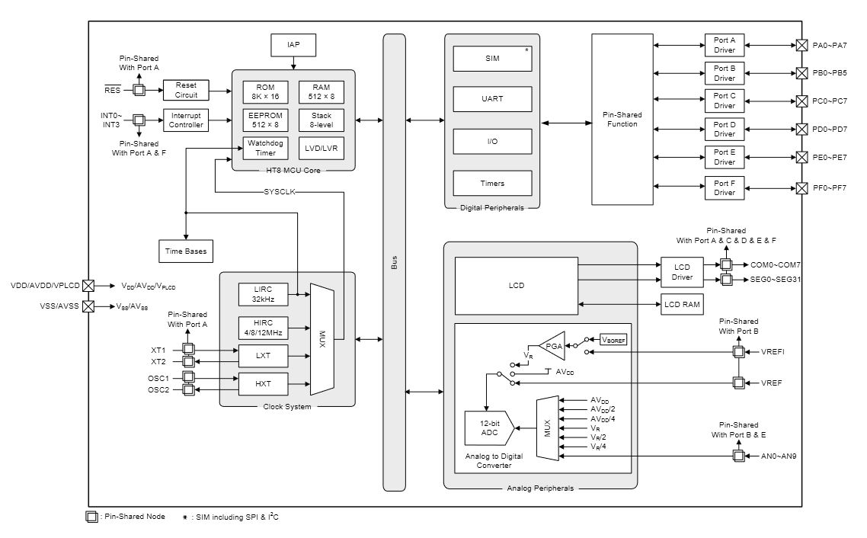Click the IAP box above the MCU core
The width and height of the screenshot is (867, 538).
point(293,45)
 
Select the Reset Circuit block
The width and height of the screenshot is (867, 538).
point(186,90)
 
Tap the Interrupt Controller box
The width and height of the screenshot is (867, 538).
point(186,120)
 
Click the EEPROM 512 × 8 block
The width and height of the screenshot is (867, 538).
point(265,120)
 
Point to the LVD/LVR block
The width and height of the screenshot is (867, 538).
point(321,148)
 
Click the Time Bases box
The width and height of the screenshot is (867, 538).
point(185,250)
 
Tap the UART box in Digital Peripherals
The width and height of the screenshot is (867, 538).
point(493,98)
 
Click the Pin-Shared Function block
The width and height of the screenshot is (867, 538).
point(622,119)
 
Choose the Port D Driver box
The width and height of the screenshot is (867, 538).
point(724,129)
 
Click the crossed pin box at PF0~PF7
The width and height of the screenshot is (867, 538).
point(801,187)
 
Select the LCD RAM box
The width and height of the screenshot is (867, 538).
point(681,305)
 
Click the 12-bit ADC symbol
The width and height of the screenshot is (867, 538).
point(488,429)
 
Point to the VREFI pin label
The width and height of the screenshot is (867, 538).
point(773,352)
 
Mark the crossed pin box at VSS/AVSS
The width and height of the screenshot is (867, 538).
point(88,306)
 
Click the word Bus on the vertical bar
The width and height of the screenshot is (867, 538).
point(394,261)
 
